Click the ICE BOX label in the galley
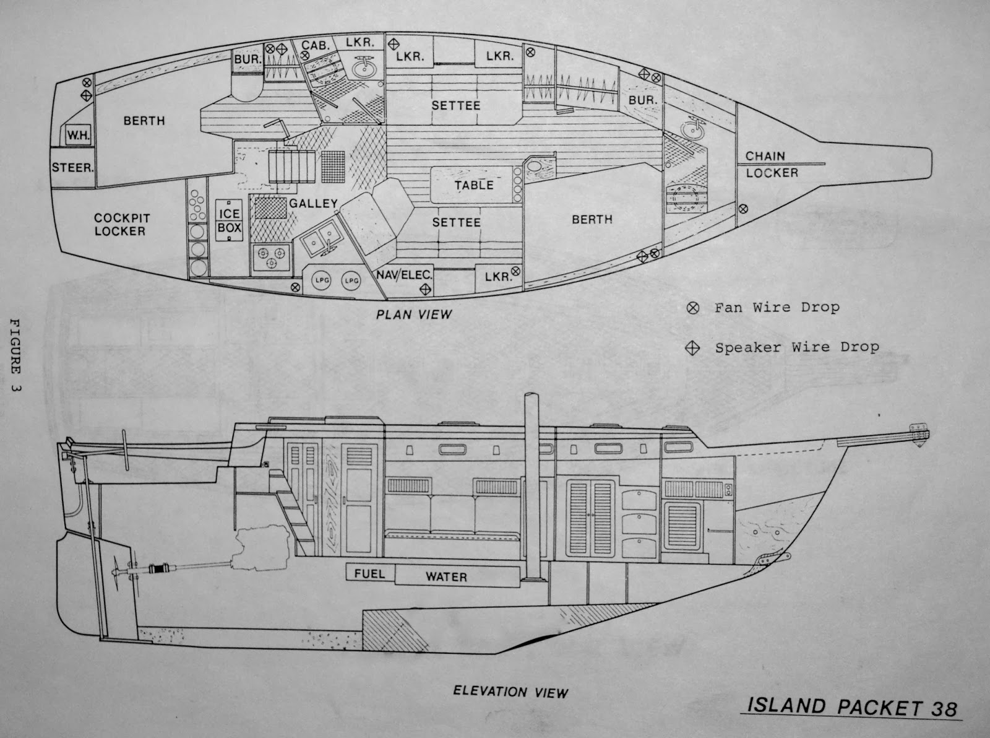click(230, 220)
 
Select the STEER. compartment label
click(73, 167)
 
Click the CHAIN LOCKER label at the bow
click(771, 164)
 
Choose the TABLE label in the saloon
click(474, 185)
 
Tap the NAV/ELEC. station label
click(403, 274)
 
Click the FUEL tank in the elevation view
click(369, 573)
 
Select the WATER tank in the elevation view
click(445, 577)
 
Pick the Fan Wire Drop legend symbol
click(693, 307)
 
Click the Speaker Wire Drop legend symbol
click(693, 348)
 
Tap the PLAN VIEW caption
click(414, 315)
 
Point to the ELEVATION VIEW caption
click(510, 692)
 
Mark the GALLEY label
click(313, 203)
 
